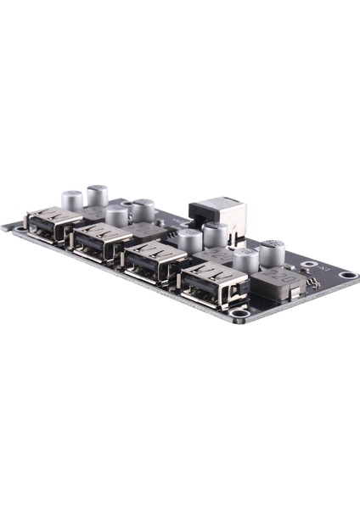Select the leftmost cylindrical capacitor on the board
(72, 201)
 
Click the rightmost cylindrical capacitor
(273, 252)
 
